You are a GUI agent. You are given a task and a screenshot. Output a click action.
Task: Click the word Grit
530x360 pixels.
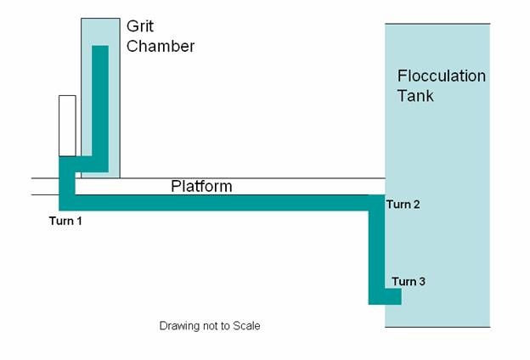coord(140,26)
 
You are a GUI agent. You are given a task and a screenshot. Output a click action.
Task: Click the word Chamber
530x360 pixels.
coord(161,46)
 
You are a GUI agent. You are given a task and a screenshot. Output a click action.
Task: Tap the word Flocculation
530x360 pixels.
coord(442,76)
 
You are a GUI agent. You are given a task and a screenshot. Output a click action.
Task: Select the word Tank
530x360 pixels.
coord(415,95)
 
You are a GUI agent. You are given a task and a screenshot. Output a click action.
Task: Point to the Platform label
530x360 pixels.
coord(201,186)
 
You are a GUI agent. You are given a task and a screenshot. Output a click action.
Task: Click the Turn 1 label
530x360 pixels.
coord(65,221)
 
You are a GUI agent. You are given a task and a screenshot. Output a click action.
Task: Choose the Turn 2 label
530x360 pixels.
coord(403,204)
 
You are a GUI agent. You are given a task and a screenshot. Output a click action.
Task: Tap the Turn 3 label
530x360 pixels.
coord(409,281)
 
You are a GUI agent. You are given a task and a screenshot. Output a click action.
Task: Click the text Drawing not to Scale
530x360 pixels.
coord(210,326)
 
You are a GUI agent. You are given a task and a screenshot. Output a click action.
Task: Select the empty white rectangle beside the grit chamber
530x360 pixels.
coord(67,126)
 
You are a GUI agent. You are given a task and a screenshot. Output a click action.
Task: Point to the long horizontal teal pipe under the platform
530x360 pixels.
coord(222,203)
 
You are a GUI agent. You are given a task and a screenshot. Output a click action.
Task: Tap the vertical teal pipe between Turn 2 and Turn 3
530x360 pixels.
coord(376,250)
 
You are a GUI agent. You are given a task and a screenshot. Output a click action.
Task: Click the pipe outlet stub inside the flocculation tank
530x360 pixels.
coord(393,296)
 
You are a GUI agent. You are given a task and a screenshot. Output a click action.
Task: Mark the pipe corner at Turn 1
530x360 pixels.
coord(67,203)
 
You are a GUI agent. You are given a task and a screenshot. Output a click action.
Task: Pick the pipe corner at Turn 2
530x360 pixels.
coord(376,203)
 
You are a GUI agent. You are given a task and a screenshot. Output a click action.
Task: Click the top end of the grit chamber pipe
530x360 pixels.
coord(100,46)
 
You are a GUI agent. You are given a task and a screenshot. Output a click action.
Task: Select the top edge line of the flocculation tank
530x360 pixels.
coord(437,24)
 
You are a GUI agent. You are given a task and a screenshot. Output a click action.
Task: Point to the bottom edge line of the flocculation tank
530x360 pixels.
coord(437,327)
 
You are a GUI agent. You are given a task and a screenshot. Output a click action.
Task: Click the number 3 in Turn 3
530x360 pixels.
coord(422,281)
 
